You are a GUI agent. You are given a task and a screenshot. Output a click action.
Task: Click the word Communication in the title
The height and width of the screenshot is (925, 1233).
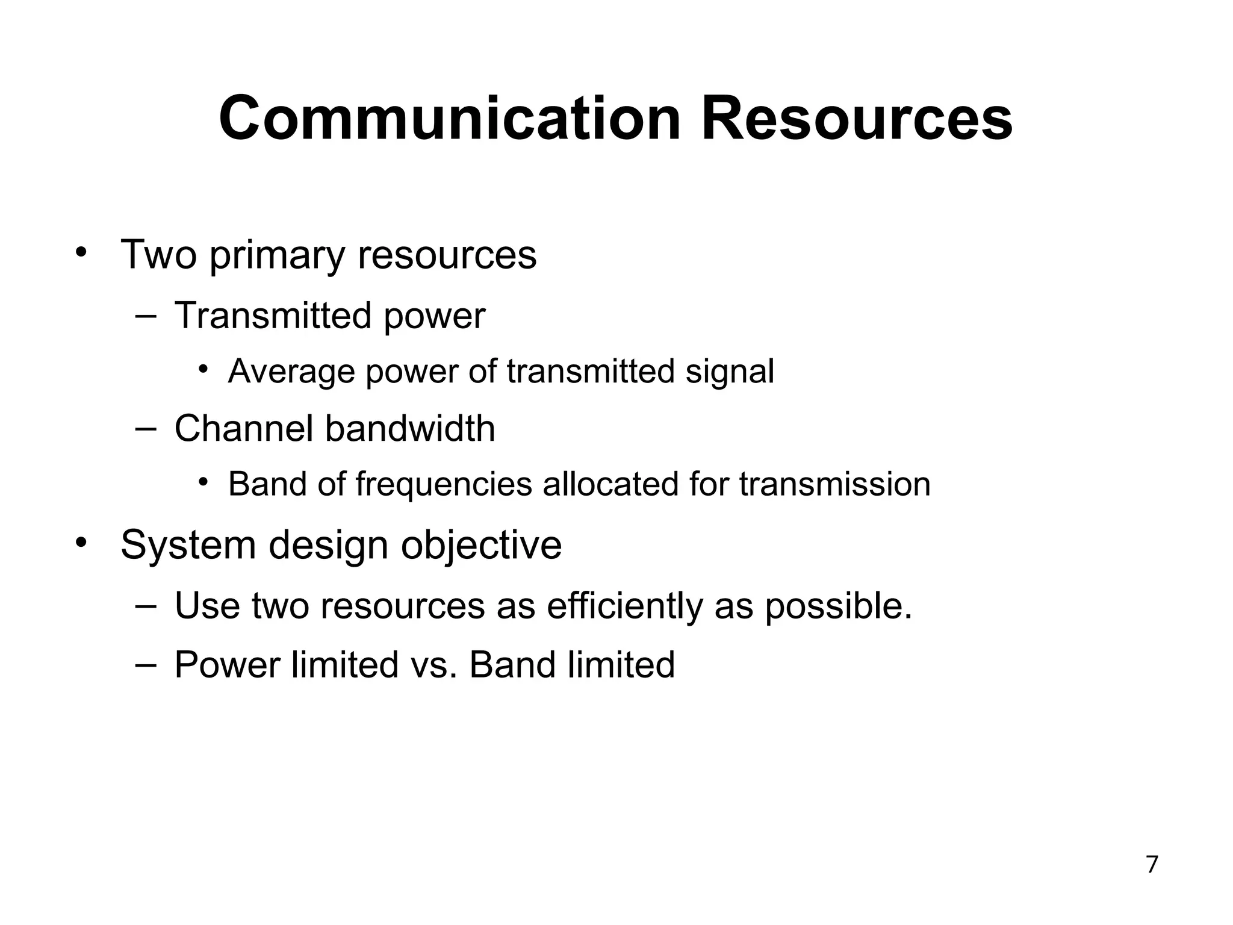[449, 119]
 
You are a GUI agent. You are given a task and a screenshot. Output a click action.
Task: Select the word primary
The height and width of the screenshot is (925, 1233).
[277, 256]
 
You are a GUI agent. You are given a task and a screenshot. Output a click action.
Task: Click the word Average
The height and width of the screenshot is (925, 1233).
[291, 372]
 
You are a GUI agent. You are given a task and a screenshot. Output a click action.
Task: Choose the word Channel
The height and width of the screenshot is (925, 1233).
[244, 429]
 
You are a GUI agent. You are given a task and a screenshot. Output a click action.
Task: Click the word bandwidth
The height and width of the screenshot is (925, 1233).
[410, 429]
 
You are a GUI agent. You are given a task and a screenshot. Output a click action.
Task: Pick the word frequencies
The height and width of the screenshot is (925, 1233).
[444, 485]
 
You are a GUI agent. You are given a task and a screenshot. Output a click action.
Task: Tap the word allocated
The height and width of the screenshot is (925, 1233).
[610, 484]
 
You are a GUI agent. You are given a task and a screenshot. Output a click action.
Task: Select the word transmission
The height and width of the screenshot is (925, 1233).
[834, 484]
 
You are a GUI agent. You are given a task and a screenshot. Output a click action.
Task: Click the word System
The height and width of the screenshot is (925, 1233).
[188, 546]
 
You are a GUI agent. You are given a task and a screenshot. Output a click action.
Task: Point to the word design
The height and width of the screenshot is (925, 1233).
[329, 546]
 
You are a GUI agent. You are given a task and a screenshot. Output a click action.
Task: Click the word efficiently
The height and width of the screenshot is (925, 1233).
[625, 606]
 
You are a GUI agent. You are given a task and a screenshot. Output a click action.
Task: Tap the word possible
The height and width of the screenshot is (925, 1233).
[838, 606]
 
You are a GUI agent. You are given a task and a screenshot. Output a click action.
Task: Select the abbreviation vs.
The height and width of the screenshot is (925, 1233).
[433, 665]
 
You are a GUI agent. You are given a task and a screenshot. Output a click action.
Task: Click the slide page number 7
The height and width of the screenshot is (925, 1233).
[1152, 865]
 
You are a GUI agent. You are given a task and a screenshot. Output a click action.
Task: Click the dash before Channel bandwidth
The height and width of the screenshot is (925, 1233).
[146, 428]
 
